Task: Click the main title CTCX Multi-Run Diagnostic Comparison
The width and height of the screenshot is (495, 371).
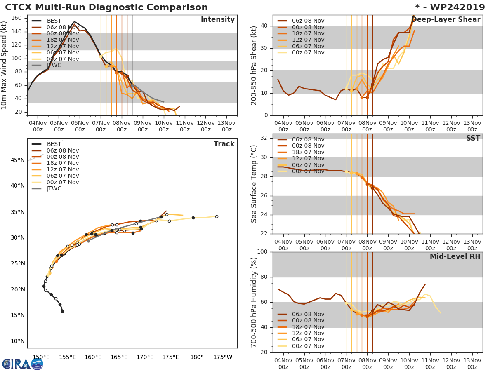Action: click(106, 7)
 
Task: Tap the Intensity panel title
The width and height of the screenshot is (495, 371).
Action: click(217, 20)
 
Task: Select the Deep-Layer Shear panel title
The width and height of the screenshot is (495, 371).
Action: click(446, 20)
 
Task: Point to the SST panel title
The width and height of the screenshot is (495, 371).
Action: click(473, 138)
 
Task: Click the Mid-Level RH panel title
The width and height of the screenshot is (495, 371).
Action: click(455, 256)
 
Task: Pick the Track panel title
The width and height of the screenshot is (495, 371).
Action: click(224, 144)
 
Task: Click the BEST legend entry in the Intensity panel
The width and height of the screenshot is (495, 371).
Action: click(54, 21)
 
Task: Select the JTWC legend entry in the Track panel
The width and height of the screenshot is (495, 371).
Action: click(54, 189)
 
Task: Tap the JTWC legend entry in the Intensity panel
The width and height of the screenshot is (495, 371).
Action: click(54, 65)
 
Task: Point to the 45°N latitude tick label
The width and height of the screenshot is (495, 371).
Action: click(18, 160)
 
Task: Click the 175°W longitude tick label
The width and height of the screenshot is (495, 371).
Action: click(223, 357)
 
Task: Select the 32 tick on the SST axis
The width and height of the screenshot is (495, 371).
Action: click(264, 138)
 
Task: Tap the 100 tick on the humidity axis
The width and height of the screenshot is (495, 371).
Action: click(262, 251)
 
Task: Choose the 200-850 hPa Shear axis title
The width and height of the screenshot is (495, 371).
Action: click(254, 65)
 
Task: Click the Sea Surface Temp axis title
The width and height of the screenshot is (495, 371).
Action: click(254, 184)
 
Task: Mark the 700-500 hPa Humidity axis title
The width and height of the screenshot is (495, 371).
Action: click(254, 302)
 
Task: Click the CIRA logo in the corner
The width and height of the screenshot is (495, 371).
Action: click(22, 364)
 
